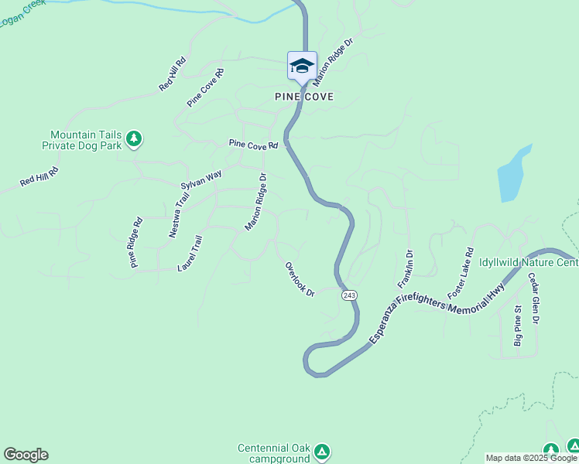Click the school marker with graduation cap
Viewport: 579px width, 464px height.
(301, 67)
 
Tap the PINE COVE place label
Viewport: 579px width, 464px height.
(304, 97)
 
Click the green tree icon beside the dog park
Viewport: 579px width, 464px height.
(135, 138)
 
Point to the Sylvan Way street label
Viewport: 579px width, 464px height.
(201, 180)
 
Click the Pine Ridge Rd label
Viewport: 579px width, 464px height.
(136, 243)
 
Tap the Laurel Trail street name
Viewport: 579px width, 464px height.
(190, 254)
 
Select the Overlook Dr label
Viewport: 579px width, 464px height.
(300, 279)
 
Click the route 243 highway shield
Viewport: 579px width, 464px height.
(349, 295)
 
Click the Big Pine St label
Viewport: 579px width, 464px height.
(519, 326)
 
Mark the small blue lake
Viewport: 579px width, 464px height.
(513, 173)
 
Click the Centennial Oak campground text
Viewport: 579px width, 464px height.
(274, 452)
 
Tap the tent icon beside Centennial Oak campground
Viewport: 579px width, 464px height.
(323, 451)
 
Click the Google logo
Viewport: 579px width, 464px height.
(26, 455)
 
